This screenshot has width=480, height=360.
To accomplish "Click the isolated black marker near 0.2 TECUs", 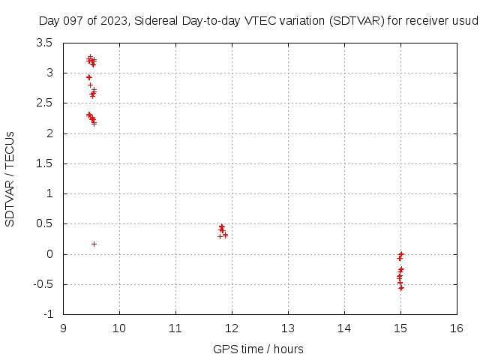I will click(x=94, y=244).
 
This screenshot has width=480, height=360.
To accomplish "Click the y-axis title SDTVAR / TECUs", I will click(x=10, y=178).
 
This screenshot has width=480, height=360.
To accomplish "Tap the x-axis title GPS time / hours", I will click(x=258, y=349).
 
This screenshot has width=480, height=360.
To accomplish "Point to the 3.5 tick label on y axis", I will click(x=46, y=43).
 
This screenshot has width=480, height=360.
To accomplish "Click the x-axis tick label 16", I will click(x=457, y=328).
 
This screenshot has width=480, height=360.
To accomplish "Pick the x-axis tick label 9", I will click(x=63, y=328).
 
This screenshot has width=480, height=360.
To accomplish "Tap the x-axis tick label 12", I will click(x=232, y=328).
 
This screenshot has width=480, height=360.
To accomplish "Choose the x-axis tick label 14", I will click(x=344, y=328).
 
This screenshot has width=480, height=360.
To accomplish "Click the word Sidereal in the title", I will click(x=157, y=21).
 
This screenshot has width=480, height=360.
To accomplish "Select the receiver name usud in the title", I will click(x=465, y=21).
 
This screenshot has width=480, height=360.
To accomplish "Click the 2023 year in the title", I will click(x=115, y=21).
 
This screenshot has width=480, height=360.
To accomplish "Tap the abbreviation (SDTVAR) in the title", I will click(x=356, y=21).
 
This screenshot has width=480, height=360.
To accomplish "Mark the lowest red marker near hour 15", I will click(x=401, y=288).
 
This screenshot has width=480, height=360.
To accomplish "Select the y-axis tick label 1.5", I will click(x=46, y=163).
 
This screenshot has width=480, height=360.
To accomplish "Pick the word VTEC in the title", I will click(x=254, y=21).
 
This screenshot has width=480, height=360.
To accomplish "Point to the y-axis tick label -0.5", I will click(x=44, y=284).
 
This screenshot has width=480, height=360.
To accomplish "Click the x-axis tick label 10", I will click(x=119, y=328).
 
